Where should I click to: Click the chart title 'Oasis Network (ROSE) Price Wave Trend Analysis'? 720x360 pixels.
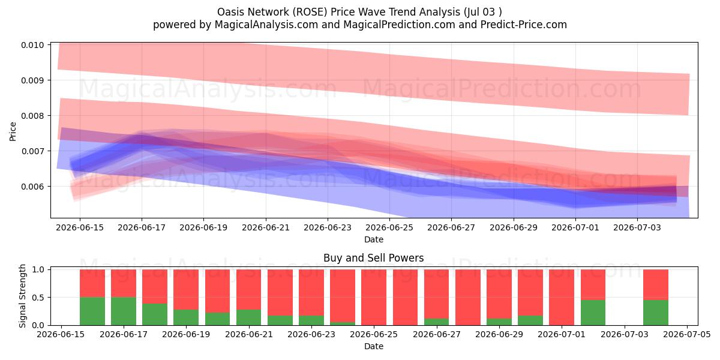pos(338,12)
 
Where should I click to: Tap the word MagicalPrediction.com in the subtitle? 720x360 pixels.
pos(399,25)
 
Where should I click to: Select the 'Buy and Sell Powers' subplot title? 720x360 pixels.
pos(373,258)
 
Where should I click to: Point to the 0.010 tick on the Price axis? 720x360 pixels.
pos(32,45)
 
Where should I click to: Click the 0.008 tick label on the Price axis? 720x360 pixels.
pos(32,116)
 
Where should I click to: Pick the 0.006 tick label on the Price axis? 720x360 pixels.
pos(32,187)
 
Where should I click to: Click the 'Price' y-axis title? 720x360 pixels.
pos(13,131)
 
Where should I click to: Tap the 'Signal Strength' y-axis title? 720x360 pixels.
pos(22,296)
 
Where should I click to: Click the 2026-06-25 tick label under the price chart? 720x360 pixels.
pos(389,227)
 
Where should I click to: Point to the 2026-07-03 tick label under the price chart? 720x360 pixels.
pos(637,227)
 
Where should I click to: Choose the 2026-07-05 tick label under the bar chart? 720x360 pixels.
pos(687,334)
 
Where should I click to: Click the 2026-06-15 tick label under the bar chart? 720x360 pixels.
pos(61,334)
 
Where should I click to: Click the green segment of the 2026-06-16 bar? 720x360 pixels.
pos(92,311)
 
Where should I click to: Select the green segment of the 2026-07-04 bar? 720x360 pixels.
pos(656,313)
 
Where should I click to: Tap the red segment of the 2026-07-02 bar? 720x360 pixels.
pos(593,285)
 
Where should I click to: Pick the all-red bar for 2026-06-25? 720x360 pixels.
pos(374,298)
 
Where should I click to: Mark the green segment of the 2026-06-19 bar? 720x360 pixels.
pos(186,317)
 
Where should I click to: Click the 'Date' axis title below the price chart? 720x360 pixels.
pos(373,239)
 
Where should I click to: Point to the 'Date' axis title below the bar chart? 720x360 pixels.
pos(373,346)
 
